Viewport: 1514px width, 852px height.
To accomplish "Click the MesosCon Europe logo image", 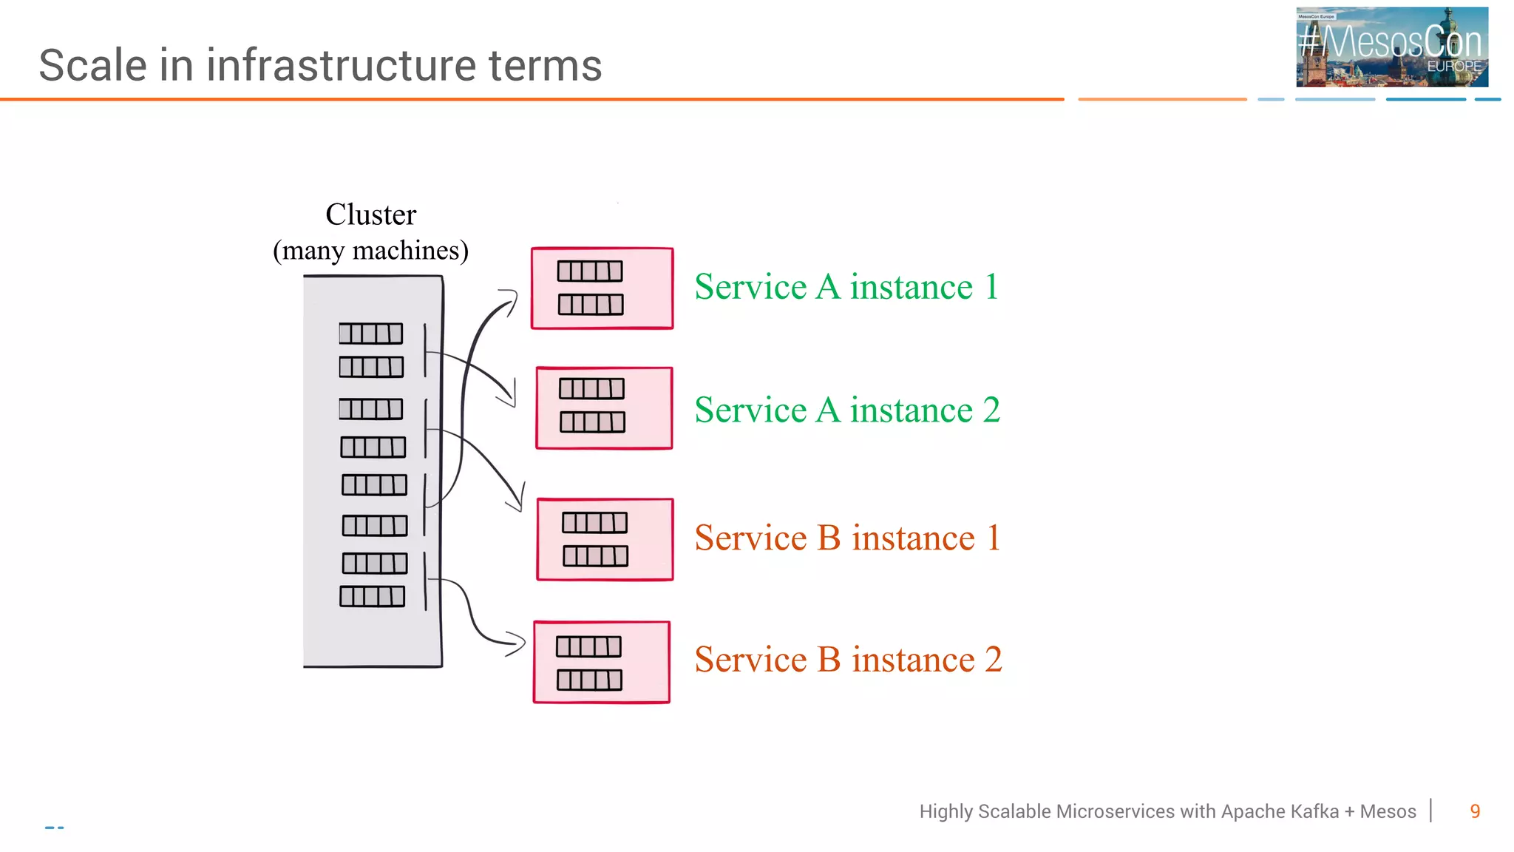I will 1391,47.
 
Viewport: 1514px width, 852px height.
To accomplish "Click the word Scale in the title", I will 93,65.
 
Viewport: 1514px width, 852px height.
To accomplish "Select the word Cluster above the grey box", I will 370,214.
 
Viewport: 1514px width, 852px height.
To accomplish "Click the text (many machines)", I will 370,250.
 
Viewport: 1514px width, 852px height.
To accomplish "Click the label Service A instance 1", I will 846,287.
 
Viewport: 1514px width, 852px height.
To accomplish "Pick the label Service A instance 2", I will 847,410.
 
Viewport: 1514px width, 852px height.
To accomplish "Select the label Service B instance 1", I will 847,538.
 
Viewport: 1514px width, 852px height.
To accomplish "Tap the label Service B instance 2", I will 848,660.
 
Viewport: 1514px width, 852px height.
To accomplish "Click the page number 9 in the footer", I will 1475,811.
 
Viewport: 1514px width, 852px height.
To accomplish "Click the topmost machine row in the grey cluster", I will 371,334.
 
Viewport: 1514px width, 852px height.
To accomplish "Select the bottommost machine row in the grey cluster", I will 372,596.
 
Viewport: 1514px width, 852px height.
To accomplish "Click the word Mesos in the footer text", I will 1388,811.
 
